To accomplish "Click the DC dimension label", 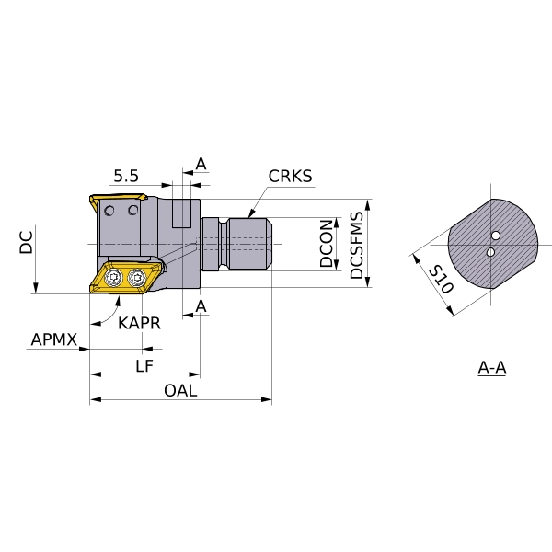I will pos(27,243).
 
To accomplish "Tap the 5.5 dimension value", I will pos(126,175).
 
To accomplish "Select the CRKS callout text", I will pos(291,176).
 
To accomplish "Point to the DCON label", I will pos(327,243).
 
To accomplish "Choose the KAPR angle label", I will pos(139,322).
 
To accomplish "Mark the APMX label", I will pos(54,340).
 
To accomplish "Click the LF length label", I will pos(144,366).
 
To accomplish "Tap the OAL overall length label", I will pos(180,391).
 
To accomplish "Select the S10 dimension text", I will pos(443,276).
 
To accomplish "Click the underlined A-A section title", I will pos(492,368).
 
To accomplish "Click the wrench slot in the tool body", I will pos(180,217).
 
